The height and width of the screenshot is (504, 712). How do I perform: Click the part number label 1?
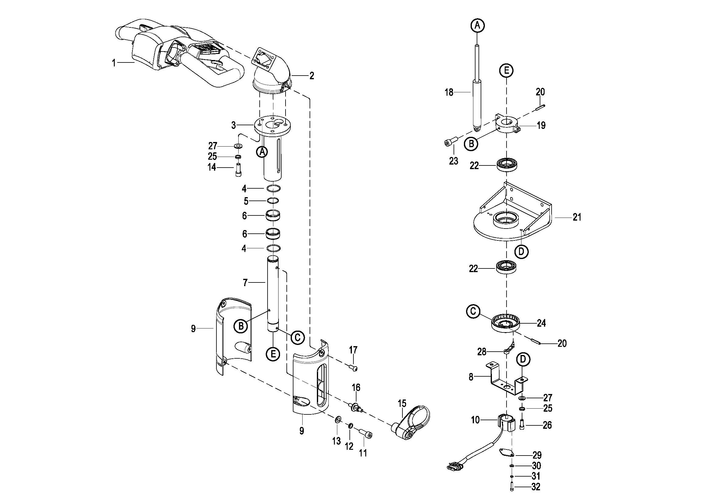pos(114,63)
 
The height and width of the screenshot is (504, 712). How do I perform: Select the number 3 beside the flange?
pos(233,125)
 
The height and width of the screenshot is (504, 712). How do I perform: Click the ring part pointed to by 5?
pos(273,201)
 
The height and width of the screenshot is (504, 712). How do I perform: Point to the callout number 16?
pos(356,387)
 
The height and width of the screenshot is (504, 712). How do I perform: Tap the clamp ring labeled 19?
pos(507,125)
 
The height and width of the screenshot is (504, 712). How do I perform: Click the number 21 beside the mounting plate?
pos(577,217)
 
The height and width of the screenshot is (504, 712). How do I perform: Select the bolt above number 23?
pos(451,142)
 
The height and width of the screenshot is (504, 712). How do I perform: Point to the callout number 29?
pos(537,455)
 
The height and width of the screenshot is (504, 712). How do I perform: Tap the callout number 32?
pos(535,487)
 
